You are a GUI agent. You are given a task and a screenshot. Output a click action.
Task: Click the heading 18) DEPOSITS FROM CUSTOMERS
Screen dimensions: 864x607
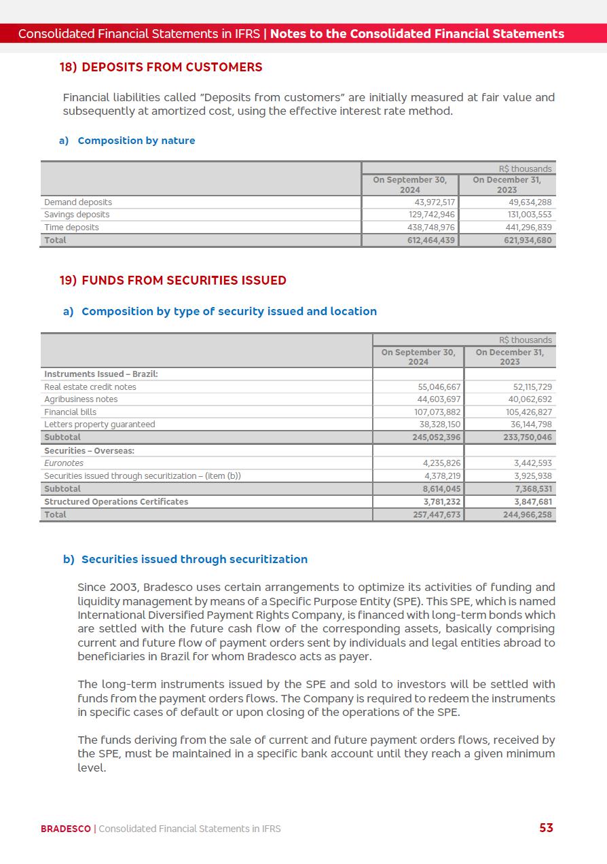[x=161, y=67]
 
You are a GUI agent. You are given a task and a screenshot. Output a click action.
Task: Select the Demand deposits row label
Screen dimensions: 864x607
[x=78, y=202]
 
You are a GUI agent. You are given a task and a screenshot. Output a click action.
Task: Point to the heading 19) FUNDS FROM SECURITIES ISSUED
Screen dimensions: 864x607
[x=173, y=281]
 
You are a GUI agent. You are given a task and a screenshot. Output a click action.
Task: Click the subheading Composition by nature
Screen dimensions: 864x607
[x=136, y=141]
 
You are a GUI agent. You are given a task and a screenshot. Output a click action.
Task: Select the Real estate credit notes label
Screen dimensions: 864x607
[x=90, y=387]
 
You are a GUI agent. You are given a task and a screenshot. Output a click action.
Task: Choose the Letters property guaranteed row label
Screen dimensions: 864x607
[x=100, y=425]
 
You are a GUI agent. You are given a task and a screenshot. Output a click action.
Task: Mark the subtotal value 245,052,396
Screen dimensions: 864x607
[x=436, y=437]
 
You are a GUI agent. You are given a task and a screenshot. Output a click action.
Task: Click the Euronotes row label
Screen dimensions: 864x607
[x=64, y=463]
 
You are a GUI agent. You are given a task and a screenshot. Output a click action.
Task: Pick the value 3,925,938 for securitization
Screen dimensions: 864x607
[x=533, y=476]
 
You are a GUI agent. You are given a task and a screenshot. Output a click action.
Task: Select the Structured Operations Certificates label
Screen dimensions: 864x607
[x=116, y=502]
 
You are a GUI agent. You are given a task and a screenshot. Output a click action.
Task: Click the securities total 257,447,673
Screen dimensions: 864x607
[x=436, y=515]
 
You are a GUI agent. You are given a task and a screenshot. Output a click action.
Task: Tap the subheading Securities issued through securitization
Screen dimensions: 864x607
[x=194, y=560]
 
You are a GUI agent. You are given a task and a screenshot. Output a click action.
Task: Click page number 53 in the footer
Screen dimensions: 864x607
[x=546, y=828]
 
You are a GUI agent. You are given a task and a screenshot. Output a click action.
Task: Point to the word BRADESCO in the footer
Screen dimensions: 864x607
[x=65, y=829]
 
